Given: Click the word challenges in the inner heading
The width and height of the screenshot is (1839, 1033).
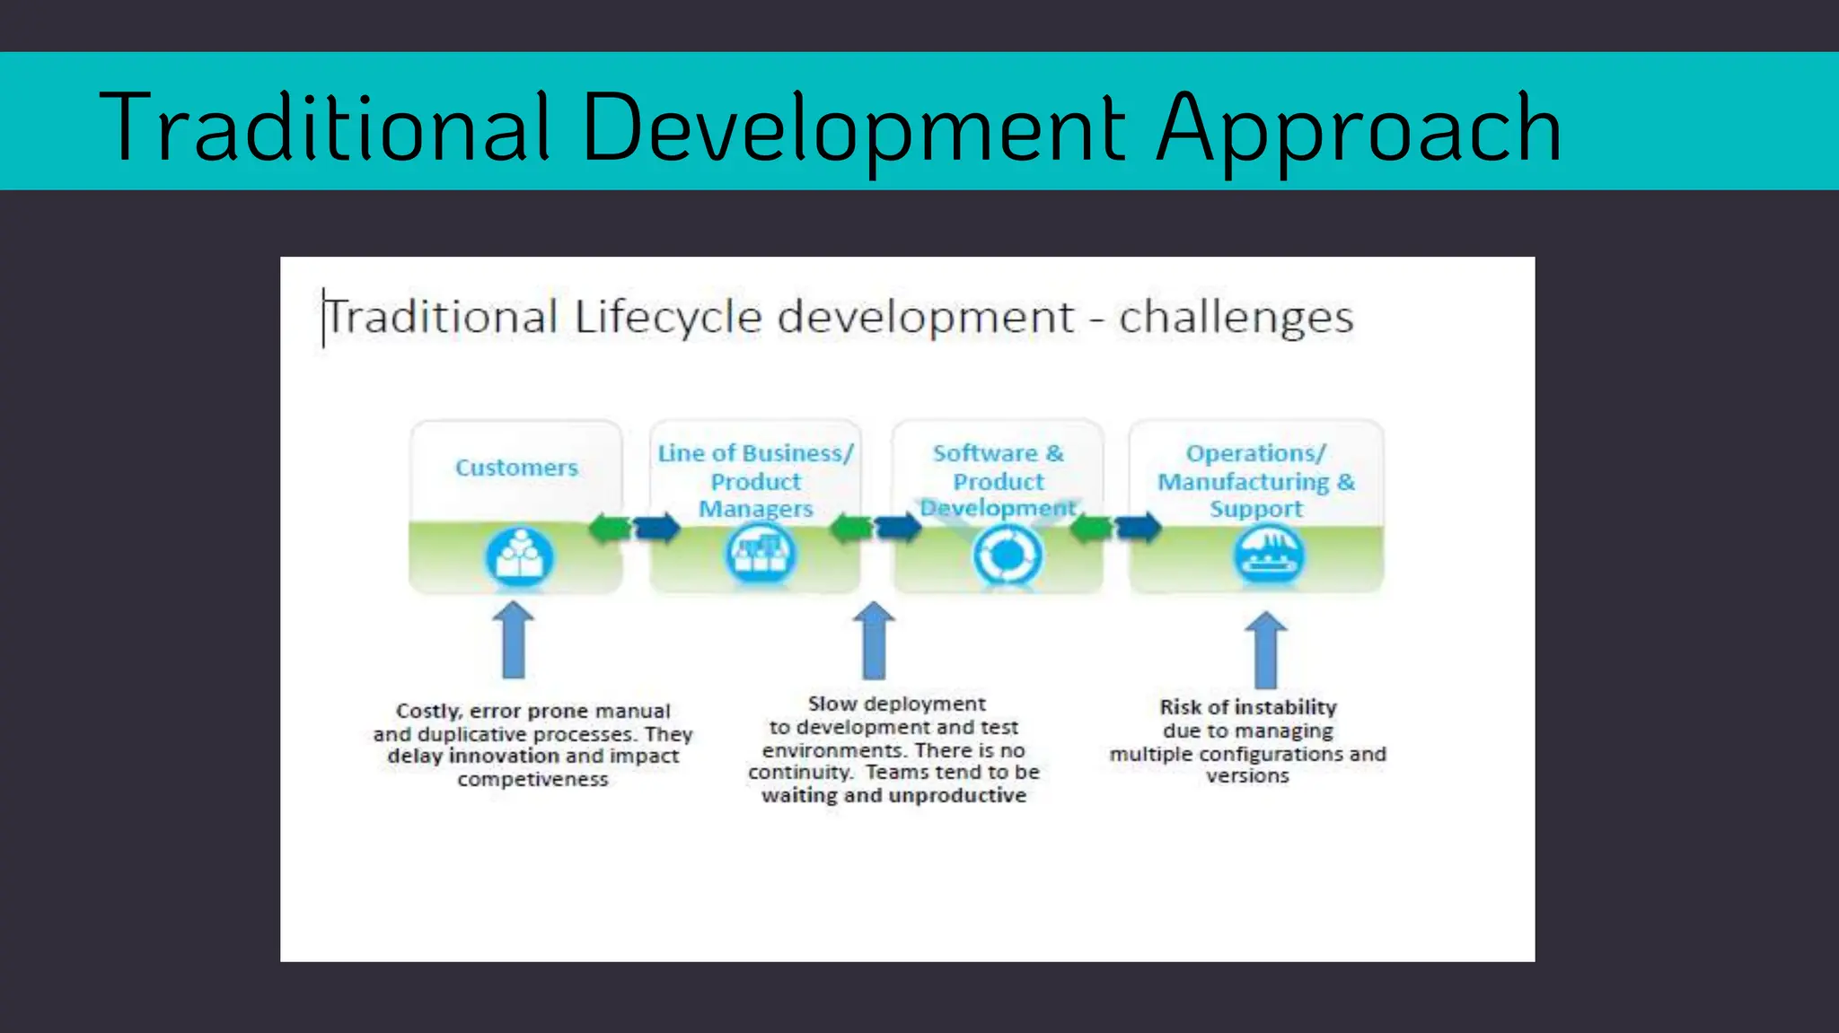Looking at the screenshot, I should (1236, 318).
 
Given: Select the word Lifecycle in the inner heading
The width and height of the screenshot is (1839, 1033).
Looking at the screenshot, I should (667, 318).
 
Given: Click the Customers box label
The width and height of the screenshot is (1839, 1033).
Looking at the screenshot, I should (516, 468).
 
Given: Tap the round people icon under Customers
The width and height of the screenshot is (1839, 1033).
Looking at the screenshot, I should (519, 556).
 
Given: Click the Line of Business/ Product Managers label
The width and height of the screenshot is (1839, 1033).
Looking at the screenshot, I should (755, 481).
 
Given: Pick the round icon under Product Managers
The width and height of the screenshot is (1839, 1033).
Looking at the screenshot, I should (760, 555).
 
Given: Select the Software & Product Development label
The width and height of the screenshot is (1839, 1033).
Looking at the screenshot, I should (998, 481).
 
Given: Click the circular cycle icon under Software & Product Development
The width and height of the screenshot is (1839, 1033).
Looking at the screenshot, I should (1007, 556).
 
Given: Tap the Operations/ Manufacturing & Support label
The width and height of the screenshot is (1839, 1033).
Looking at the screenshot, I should (1255, 481).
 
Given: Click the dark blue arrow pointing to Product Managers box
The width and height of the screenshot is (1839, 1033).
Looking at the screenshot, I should (657, 528).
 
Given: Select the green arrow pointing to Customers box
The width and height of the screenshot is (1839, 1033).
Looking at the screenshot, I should (610, 528).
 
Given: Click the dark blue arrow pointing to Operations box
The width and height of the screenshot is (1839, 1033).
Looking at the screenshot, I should (1138, 527).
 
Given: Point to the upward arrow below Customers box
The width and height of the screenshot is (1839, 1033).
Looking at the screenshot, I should (514, 640).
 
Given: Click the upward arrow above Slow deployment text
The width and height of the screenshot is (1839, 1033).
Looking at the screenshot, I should (874, 640).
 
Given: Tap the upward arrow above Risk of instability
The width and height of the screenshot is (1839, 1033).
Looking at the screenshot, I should (1265, 650).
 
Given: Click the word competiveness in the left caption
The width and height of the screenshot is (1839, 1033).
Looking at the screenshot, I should (532, 780).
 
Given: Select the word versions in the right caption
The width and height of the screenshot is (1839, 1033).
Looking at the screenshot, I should (1247, 776).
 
